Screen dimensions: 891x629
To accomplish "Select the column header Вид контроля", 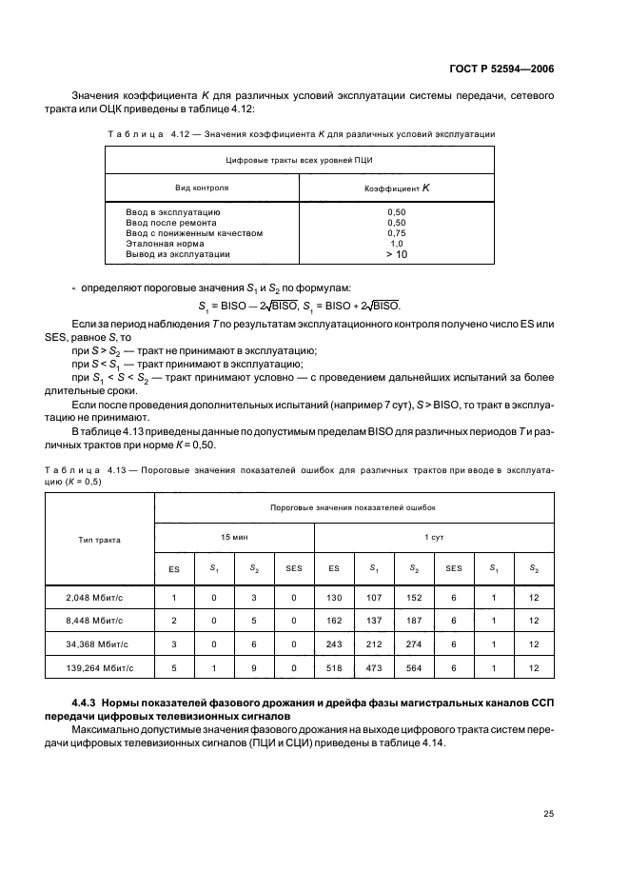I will click(201, 188).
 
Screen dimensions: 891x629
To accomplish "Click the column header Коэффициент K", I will click(397, 188).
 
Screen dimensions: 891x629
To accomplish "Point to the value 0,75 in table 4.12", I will click(397, 232).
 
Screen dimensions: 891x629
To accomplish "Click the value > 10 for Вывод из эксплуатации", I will click(397, 255).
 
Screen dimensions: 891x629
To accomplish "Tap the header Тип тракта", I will click(99, 539).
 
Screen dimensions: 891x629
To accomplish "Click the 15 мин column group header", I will click(234, 537).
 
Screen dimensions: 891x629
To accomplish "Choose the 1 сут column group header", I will click(434, 537).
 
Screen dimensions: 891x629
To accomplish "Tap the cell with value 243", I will click(334, 644).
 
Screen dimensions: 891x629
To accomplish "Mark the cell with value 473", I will click(374, 668).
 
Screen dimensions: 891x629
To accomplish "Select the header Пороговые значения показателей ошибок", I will click(353, 508).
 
